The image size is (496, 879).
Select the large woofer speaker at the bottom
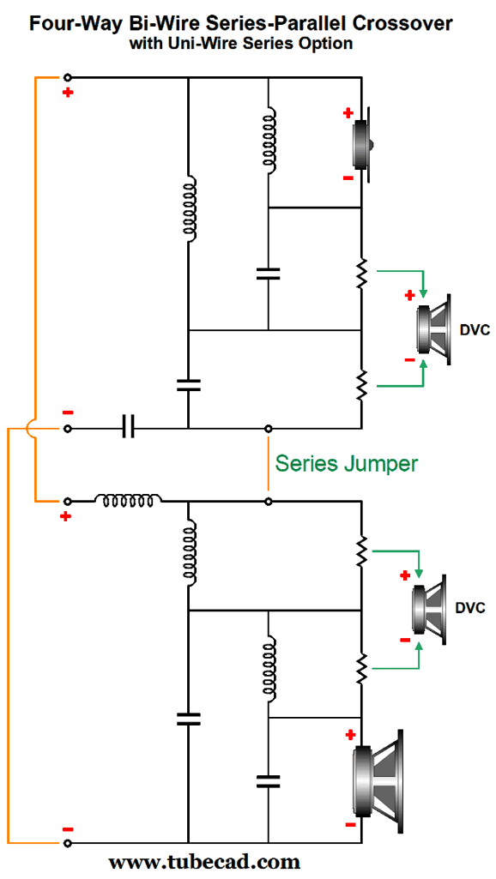377,781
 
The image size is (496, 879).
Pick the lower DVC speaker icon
429,609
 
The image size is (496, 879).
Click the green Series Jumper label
347,464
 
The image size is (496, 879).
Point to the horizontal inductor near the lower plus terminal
129,498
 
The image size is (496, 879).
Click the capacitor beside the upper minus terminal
129,429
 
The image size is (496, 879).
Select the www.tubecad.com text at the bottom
204,861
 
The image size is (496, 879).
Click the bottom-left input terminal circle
68,843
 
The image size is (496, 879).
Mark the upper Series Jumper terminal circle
269,429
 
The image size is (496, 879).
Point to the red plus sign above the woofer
351,734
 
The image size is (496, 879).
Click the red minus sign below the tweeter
348,178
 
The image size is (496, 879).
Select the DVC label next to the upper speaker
475,329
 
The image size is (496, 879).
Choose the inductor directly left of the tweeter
269,137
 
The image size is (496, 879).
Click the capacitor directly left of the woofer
269,781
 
